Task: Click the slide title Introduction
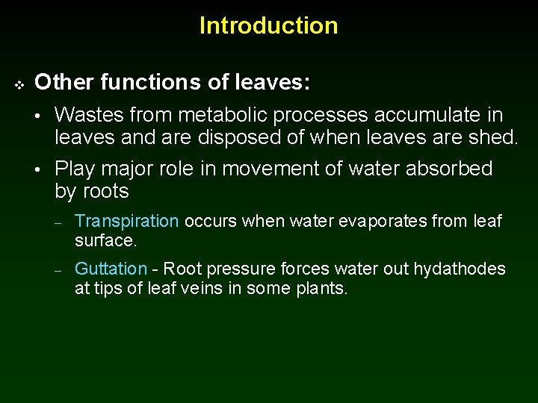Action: click(x=268, y=25)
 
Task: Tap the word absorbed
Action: click(x=449, y=169)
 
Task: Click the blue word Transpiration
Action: click(x=127, y=222)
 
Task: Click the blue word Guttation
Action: click(x=111, y=269)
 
